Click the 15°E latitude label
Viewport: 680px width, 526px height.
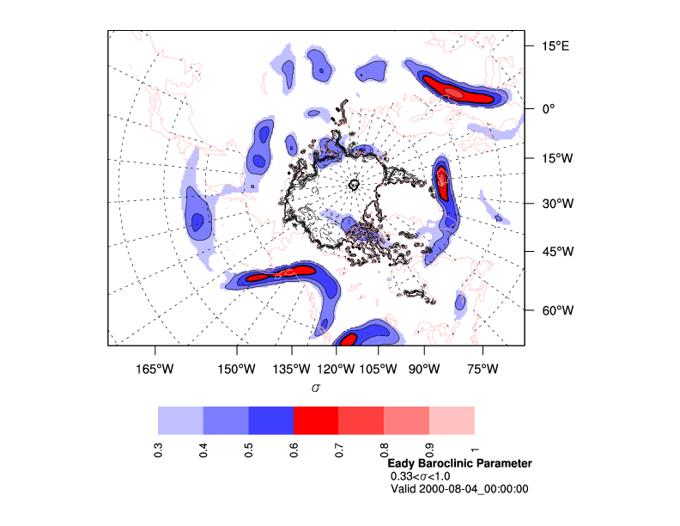[554, 46]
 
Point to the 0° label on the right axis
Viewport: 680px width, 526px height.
[547, 109]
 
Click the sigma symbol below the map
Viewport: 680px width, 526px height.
[316, 388]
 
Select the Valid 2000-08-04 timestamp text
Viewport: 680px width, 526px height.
[459, 489]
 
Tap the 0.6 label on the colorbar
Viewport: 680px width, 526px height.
[294, 450]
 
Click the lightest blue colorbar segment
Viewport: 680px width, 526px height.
[180, 420]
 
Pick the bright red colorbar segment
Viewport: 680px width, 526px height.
[316, 420]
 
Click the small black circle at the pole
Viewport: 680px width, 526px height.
[355, 184]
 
